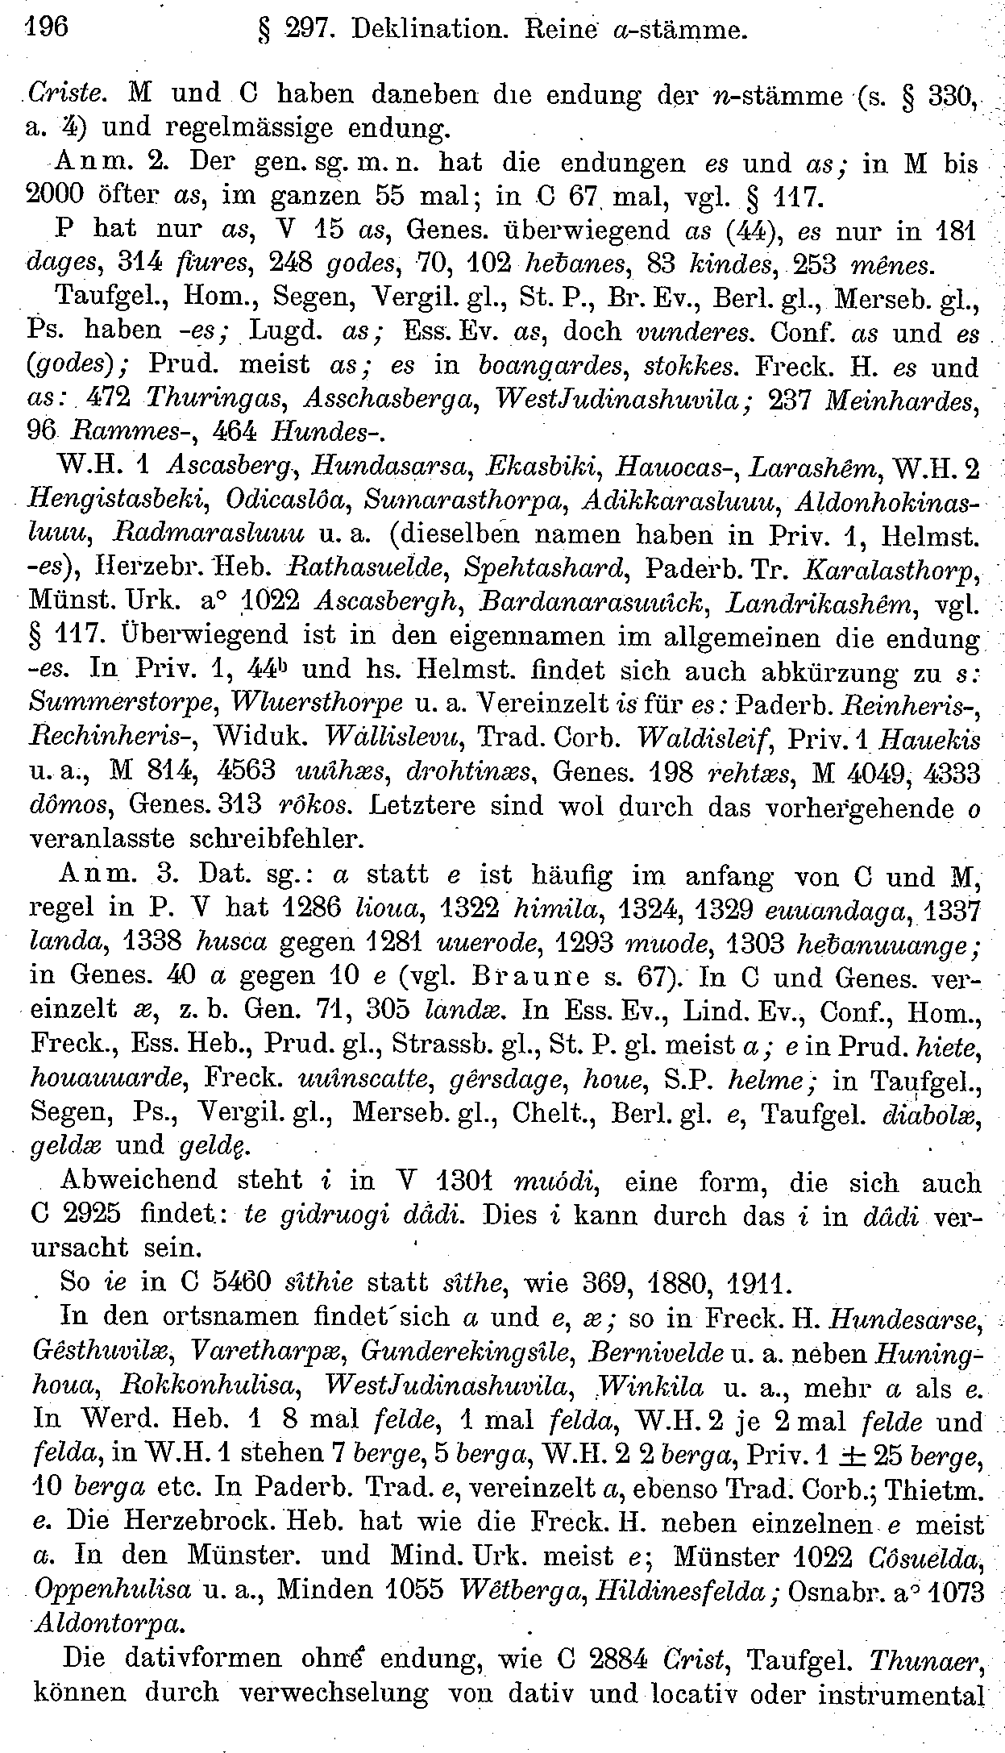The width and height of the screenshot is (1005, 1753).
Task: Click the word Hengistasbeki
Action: pos(117,501)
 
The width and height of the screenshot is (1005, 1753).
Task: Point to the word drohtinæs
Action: pos(471,771)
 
